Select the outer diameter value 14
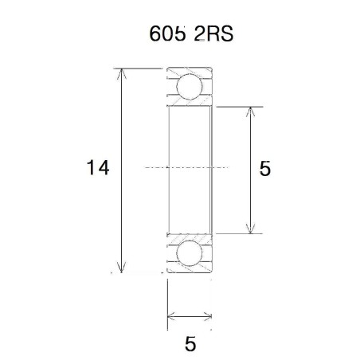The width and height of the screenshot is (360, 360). (x=98, y=168)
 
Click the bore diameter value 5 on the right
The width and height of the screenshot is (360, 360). (x=265, y=168)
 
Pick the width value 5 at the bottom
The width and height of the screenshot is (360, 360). (x=190, y=344)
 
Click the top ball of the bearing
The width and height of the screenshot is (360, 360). (x=190, y=86)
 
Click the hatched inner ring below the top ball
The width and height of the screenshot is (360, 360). (x=190, y=103)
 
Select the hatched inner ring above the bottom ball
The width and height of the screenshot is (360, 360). (x=190, y=237)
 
